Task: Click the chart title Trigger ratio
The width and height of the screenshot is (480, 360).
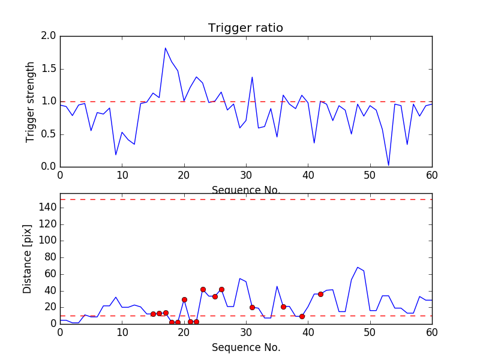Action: (245, 28)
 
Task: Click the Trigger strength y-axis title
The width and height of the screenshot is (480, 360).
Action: (31, 101)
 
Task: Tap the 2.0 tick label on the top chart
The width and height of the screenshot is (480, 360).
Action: (49, 36)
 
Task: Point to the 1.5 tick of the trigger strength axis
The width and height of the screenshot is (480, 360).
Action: (49, 69)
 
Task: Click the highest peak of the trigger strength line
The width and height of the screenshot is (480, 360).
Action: (166, 48)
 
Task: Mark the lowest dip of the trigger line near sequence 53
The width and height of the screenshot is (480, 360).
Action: (388, 165)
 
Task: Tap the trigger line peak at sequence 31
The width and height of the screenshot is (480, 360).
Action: (252, 77)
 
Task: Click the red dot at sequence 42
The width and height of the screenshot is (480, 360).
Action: (320, 294)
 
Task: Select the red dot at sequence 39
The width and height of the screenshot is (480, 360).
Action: (302, 316)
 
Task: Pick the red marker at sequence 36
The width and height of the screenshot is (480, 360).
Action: (283, 307)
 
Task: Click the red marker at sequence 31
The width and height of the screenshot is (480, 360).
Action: (252, 307)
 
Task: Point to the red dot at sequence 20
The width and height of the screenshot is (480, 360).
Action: (184, 299)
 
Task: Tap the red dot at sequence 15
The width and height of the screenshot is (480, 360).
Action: (153, 314)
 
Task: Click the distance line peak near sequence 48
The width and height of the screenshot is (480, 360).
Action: (358, 268)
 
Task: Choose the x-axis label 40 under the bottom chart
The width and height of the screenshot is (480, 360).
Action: (308, 333)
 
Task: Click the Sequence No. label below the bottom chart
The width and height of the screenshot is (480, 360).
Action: (245, 347)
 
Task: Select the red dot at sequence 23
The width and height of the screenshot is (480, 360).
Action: (203, 289)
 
